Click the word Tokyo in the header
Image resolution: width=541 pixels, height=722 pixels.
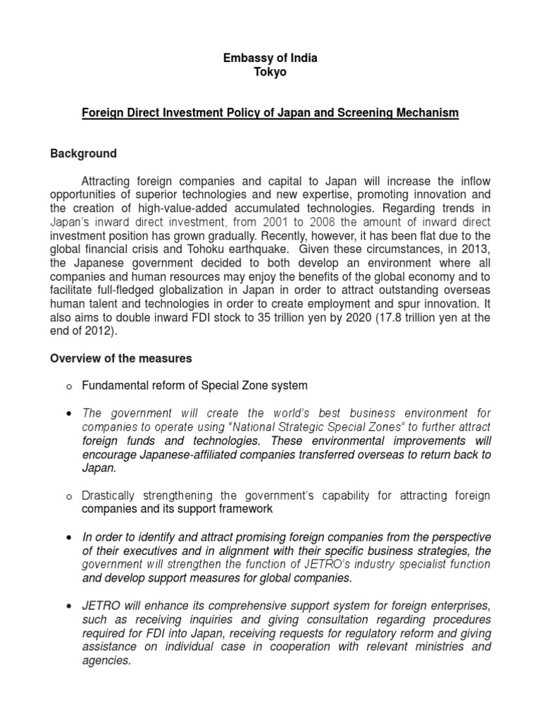tap(270, 73)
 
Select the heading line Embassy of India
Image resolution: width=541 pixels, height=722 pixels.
tap(270, 59)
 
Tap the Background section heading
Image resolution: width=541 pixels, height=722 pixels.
tap(83, 154)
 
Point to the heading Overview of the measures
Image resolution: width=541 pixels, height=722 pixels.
tap(120, 359)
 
